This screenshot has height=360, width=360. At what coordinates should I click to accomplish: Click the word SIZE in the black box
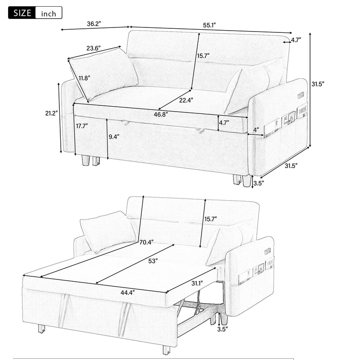coord(21,13)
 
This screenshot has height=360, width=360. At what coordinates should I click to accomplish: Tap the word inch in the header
coord(49,13)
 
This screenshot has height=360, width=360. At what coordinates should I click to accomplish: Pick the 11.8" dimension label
coord(84,78)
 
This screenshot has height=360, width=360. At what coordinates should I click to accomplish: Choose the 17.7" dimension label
coord(82,126)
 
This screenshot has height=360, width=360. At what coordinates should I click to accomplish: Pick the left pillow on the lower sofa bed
coord(108,230)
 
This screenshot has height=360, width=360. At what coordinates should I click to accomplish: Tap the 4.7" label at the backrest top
coord(296,40)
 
